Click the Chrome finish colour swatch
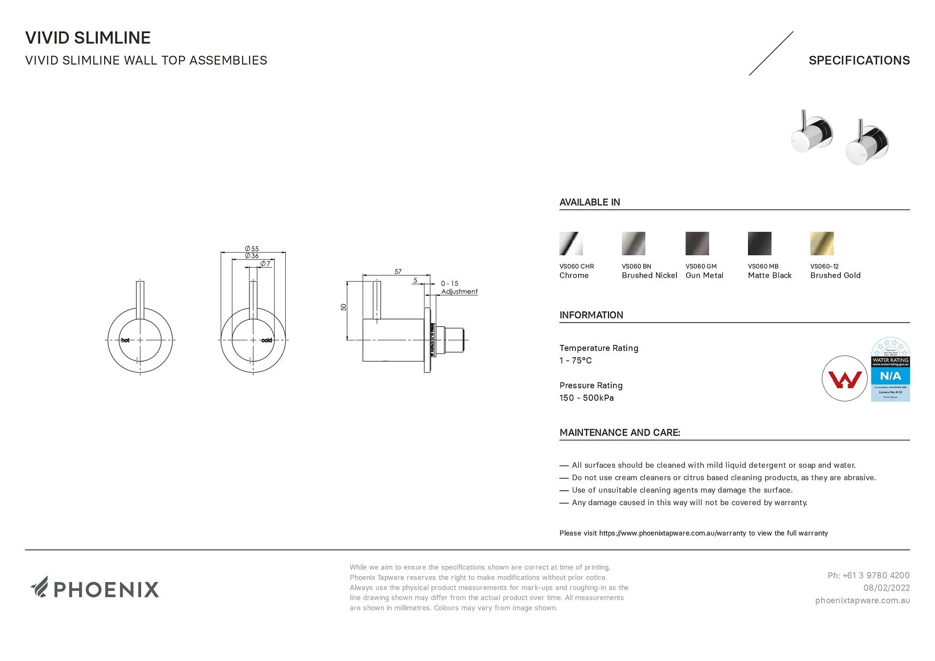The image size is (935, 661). pos(571,243)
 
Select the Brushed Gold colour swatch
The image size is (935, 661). pos(822,243)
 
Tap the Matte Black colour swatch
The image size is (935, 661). pos(759,243)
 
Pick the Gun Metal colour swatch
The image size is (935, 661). pos(697,243)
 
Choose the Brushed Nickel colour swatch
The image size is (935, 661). pos(633,243)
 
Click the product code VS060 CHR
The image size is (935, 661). pos(576,266)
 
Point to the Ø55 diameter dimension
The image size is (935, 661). pos(252,249)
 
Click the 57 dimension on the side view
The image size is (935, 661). pos(398,272)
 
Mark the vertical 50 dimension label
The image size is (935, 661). pos(344,307)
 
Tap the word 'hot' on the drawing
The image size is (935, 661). pos(125,341)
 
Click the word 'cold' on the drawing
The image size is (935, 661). pos(267,341)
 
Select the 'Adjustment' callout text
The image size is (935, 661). pos(459,292)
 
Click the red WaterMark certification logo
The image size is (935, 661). pos(844,379)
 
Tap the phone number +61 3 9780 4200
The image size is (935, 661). pos(868,576)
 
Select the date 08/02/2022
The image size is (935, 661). pos(886,588)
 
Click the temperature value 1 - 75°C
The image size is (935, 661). pos(575,360)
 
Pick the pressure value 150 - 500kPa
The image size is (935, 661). pos(586,398)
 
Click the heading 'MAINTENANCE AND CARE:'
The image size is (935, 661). pos(620,432)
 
